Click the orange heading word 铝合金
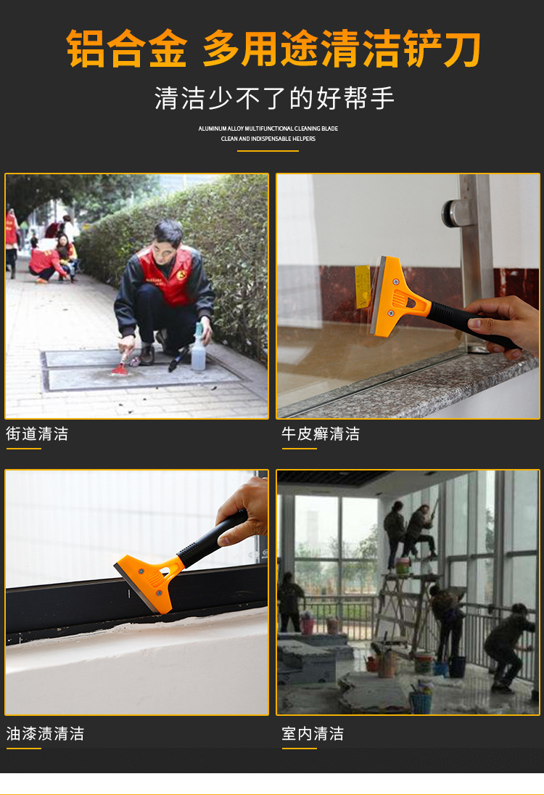click(x=127, y=49)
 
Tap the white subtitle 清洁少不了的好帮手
click(x=274, y=98)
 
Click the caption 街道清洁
click(x=37, y=434)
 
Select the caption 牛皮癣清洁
click(x=321, y=434)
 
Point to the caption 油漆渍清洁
click(x=45, y=733)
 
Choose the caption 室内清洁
click(x=313, y=733)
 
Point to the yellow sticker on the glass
click(x=363, y=286)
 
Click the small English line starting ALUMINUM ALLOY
click(x=268, y=129)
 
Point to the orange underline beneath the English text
click(x=268, y=151)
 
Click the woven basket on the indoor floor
click(x=420, y=701)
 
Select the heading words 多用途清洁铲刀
click(x=341, y=49)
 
